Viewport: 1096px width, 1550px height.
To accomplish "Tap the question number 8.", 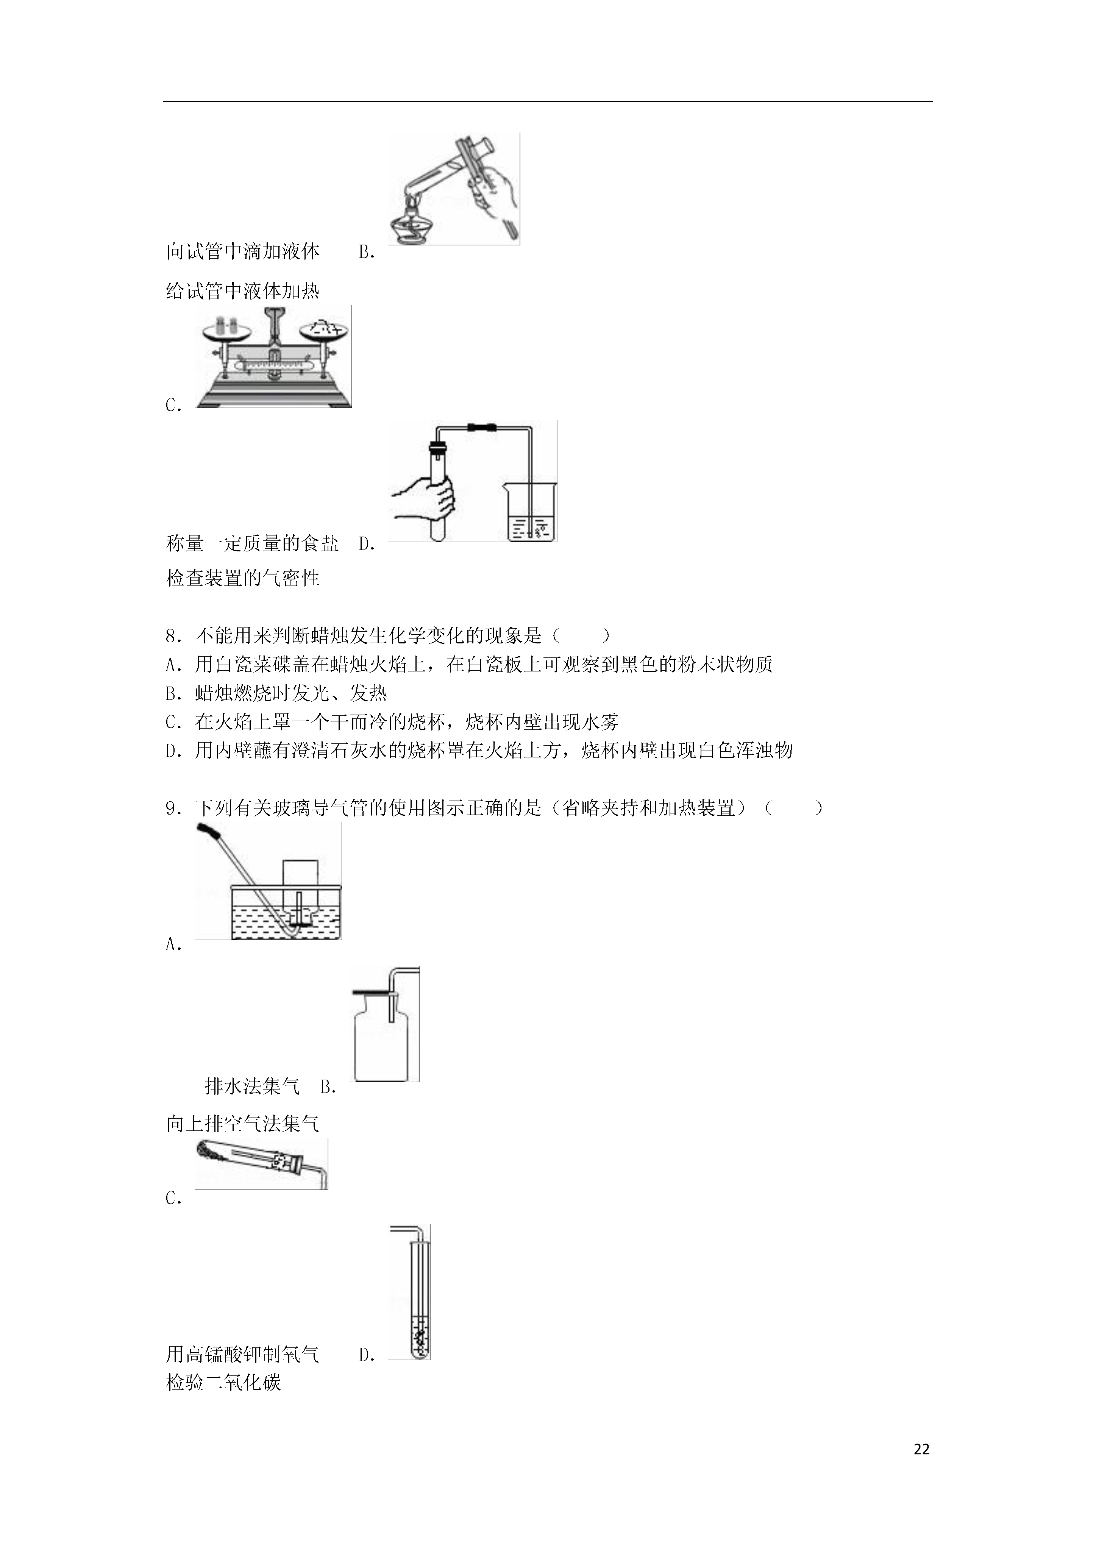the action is click(x=173, y=635).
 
